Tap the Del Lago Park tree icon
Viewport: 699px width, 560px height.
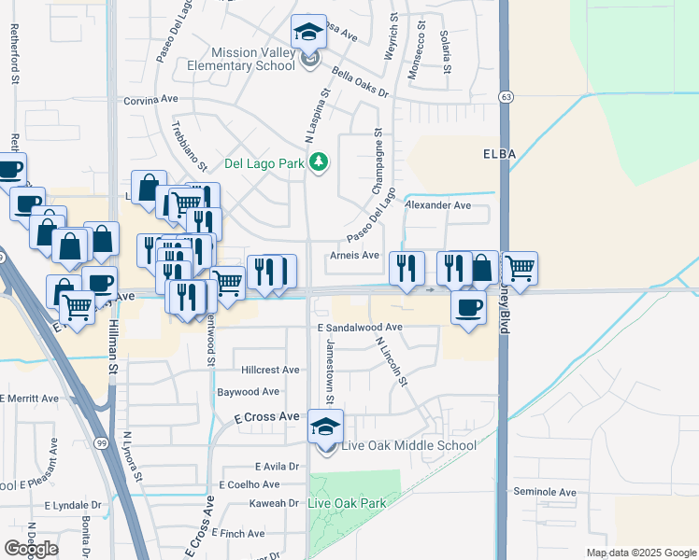[320, 163]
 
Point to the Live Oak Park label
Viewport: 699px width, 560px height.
[348, 503]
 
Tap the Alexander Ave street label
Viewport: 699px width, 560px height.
[437, 204]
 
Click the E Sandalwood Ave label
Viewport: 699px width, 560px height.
[360, 328]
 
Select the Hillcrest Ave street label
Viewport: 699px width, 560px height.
[270, 371]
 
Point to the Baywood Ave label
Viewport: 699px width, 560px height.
[248, 392]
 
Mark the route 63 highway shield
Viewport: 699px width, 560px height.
[506, 96]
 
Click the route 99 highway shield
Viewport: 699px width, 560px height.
[99, 442]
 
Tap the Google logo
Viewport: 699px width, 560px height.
[31, 549]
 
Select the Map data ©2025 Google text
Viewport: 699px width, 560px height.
[640, 553]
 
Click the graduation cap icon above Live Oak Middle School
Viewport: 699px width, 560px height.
[326, 426]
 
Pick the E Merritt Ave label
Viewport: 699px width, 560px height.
[30, 399]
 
